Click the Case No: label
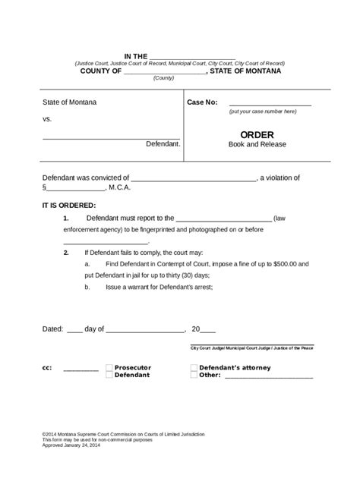pos(203,102)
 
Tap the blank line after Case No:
pos(270,103)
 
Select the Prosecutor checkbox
pos(109,366)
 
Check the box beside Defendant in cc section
pos(109,375)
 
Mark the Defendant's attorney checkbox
pos(194,366)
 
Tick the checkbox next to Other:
pos(194,375)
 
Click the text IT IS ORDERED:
pos(68,205)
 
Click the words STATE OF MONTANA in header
pos(247,71)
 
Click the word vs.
pos(46,120)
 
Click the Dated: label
pos(52,329)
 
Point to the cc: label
pos(47,367)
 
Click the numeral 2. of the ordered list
pos(67,252)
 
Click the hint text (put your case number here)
pos(262,112)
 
